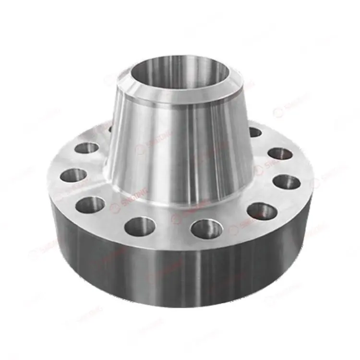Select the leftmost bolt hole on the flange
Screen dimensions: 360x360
pos(73,175)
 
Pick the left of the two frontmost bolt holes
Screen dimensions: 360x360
pos(140,226)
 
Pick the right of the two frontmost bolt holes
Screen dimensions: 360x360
pos(206,228)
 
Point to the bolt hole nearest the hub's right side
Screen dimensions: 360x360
pos(254,132)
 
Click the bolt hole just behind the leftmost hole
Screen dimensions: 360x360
pos(87,148)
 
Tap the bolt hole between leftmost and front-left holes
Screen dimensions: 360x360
pos(90,204)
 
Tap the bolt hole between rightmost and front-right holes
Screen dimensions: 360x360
pos(262,211)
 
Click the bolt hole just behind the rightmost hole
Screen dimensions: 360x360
pos(280,154)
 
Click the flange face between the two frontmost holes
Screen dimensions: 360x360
pos(173,233)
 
